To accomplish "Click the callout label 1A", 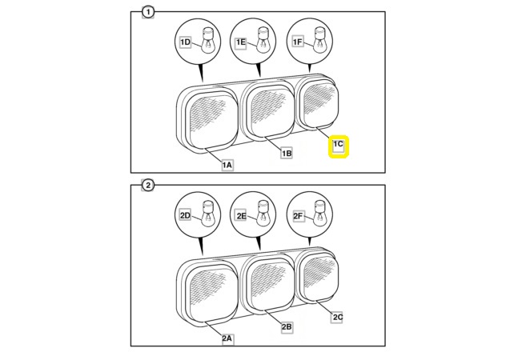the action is (x=227, y=165).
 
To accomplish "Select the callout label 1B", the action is (x=287, y=153).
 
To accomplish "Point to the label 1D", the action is (x=185, y=42).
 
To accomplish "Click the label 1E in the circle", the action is (x=241, y=42).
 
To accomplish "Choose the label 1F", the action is (x=298, y=42).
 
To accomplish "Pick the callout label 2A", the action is (x=227, y=338).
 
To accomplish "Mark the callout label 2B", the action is (x=287, y=327).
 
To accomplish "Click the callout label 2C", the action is (x=338, y=317).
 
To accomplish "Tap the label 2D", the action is (x=185, y=216).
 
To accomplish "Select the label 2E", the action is (x=241, y=216).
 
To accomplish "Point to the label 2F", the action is (x=298, y=216).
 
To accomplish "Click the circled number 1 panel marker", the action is (x=148, y=12).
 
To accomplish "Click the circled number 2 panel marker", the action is (x=148, y=186).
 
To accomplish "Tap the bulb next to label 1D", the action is (x=207, y=40).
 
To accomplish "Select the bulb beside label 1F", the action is (x=320, y=40).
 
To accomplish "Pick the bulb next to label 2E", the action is (x=263, y=214).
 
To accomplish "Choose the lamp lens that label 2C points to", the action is (x=319, y=278).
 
